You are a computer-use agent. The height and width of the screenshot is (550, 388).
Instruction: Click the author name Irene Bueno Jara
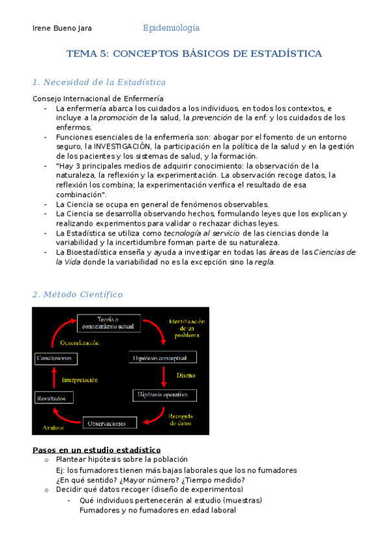pos(62,29)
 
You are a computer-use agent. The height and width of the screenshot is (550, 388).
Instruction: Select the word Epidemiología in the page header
pos(171,28)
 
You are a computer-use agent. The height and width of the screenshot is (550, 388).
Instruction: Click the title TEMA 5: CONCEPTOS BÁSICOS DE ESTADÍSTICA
pos(194,54)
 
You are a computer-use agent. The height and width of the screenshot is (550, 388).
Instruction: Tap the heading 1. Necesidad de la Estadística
pos(98,82)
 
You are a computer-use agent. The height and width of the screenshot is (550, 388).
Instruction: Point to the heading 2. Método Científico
pos(77,294)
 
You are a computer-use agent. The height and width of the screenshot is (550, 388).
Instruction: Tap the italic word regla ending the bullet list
pos(264,262)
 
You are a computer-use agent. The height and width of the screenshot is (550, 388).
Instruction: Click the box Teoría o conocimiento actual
pos(109,323)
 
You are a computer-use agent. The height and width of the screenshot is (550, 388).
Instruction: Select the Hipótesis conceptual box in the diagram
pos(163,358)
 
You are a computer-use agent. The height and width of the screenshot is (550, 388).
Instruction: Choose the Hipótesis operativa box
pos(162,394)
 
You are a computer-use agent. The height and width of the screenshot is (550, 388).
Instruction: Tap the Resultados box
pos(51,399)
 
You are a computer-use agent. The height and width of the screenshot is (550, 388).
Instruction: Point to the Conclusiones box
pos(56,358)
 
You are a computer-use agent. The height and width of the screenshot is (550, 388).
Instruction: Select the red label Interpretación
pos(80,380)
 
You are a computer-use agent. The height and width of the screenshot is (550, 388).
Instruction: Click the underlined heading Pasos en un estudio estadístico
pos(97,450)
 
